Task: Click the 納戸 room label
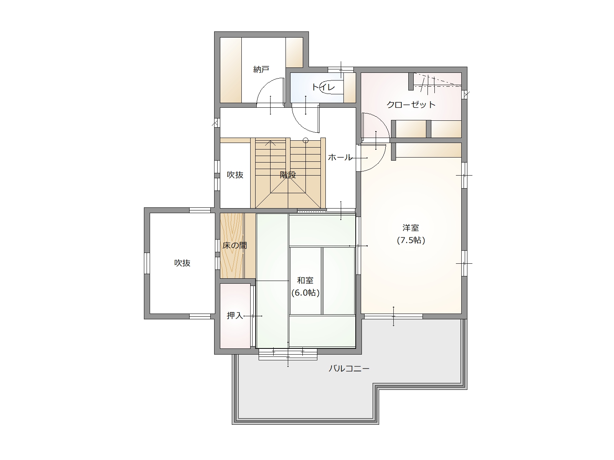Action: [x=261, y=69]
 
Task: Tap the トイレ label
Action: [x=323, y=87]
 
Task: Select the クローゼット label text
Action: [x=411, y=105]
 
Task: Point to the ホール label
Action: [x=340, y=158]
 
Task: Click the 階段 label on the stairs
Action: [x=288, y=175]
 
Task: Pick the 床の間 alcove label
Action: [x=235, y=245]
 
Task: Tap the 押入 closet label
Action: [x=235, y=315]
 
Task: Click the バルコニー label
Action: [x=349, y=369]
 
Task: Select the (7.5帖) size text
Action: [x=411, y=240]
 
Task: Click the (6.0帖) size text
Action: [x=305, y=293]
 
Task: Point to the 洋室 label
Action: [x=411, y=228]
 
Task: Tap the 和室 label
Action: [x=305, y=280]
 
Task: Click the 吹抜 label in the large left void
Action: [x=182, y=263]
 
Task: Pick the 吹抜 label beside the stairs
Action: [x=235, y=175]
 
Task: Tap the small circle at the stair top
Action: [x=305, y=140]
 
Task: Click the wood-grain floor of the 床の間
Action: [x=232, y=246]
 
